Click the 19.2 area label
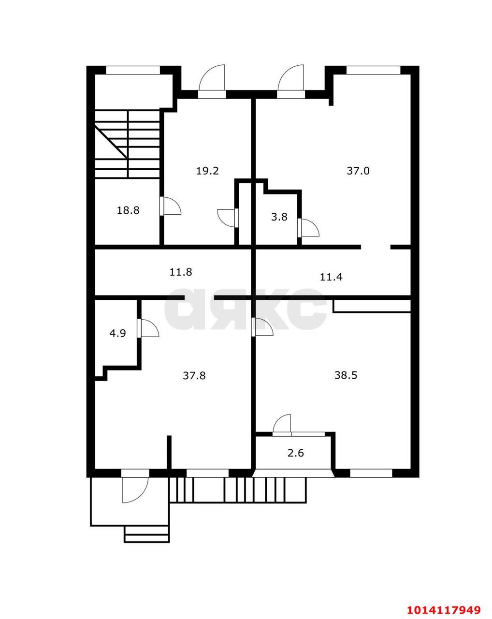207,171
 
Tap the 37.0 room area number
358,171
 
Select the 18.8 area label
128,210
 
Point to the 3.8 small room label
279,217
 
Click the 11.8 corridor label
181,272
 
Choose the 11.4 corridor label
331,277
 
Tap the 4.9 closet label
117,333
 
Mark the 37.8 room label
194,376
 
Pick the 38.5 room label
346,375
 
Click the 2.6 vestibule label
296,453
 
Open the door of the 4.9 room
148,327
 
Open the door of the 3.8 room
308,227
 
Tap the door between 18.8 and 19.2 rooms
170,206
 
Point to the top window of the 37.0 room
373,70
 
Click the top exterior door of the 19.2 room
212,82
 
